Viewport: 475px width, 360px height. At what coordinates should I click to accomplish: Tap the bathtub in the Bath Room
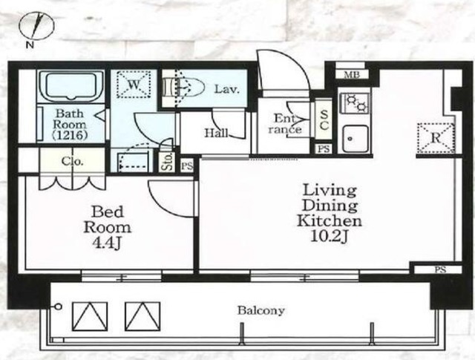click(71, 86)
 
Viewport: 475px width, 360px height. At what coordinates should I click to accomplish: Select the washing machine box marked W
click(134, 84)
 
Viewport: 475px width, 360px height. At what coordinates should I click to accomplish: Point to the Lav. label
click(227, 89)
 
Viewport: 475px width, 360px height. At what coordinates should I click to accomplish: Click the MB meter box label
click(351, 74)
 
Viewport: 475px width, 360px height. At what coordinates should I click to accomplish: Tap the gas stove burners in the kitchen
click(356, 102)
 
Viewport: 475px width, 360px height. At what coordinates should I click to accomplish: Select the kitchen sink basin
click(356, 140)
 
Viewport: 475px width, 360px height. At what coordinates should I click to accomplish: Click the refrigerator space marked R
click(436, 138)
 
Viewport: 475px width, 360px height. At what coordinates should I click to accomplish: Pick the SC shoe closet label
click(324, 120)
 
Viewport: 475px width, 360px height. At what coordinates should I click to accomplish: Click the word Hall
click(216, 133)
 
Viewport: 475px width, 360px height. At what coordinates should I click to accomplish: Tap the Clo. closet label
click(72, 161)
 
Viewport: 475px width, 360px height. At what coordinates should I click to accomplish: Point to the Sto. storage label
click(167, 161)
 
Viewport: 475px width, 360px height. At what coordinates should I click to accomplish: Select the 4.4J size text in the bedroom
click(107, 243)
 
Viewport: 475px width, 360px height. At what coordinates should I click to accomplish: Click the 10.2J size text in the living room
click(330, 236)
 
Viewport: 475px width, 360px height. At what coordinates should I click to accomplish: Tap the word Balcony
click(261, 310)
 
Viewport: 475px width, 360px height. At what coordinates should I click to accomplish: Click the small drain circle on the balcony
click(59, 307)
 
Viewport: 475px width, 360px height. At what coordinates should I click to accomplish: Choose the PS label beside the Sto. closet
click(187, 166)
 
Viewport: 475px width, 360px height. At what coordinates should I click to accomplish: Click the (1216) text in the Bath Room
click(69, 135)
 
